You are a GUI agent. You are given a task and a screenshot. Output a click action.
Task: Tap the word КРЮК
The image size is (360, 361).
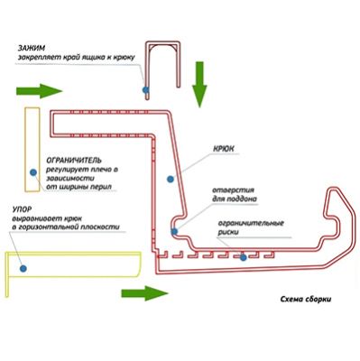pos(224,149)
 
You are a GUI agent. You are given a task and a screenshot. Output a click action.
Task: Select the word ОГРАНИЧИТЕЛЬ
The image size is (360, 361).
pos(74,160)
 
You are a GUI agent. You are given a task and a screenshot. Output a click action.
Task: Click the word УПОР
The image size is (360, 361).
pos(23,209)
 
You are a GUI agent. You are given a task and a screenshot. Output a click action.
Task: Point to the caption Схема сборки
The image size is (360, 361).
pos(306,300)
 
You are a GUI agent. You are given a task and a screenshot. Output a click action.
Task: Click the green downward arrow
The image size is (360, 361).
pos(199,85)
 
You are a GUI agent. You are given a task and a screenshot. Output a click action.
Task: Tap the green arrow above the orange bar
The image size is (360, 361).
pos(39,91)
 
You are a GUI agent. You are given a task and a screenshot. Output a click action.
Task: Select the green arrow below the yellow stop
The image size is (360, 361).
pos(144,293)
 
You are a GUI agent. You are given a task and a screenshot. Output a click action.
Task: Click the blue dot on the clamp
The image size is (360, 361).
pos(145,89)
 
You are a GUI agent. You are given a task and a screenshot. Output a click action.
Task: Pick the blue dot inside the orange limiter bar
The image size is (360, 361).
pos(33,172)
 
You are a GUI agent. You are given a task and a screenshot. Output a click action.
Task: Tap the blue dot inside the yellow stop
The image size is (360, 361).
pos(23,268)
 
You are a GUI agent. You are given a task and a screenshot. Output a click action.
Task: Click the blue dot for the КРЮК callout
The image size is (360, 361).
pos(171,180)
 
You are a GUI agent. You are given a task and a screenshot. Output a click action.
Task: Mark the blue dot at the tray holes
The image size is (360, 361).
pos(174,231)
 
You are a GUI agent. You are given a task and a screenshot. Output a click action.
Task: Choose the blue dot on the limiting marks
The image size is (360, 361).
pos(244,257)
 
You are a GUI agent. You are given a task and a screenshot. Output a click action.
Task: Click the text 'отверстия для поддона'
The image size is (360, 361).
pos(235,195)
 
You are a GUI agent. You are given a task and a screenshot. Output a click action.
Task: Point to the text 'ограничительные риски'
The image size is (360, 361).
pos(251,227)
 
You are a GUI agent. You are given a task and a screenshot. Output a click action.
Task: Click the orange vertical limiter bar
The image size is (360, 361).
pos(32,150)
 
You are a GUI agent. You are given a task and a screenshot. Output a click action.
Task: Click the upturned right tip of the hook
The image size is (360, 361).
pos(335,190)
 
